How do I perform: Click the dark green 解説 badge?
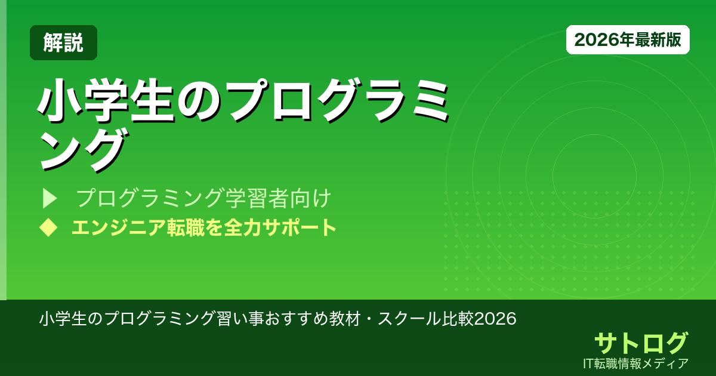(x=63, y=43)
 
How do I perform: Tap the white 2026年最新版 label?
(x=628, y=40)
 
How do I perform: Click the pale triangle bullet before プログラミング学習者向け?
(x=49, y=198)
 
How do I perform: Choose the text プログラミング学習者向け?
(x=203, y=198)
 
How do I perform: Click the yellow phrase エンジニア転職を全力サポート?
(x=203, y=227)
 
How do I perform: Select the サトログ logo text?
(x=641, y=343)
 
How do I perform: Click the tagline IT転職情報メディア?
(x=637, y=363)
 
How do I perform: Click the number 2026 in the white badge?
(x=592, y=40)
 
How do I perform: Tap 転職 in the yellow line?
(x=172, y=227)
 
